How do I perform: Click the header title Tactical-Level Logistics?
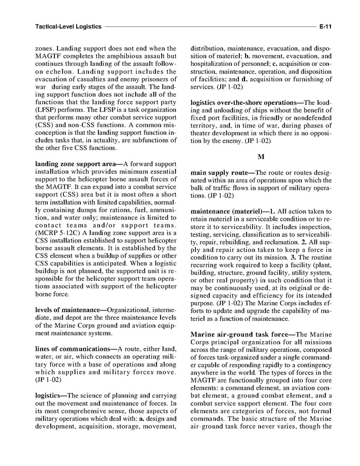pos(68,25)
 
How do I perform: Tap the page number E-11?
pos(325,25)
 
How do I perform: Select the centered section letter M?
pos(261,156)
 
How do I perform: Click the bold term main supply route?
pos(221,173)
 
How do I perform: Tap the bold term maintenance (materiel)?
pos(228,211)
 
